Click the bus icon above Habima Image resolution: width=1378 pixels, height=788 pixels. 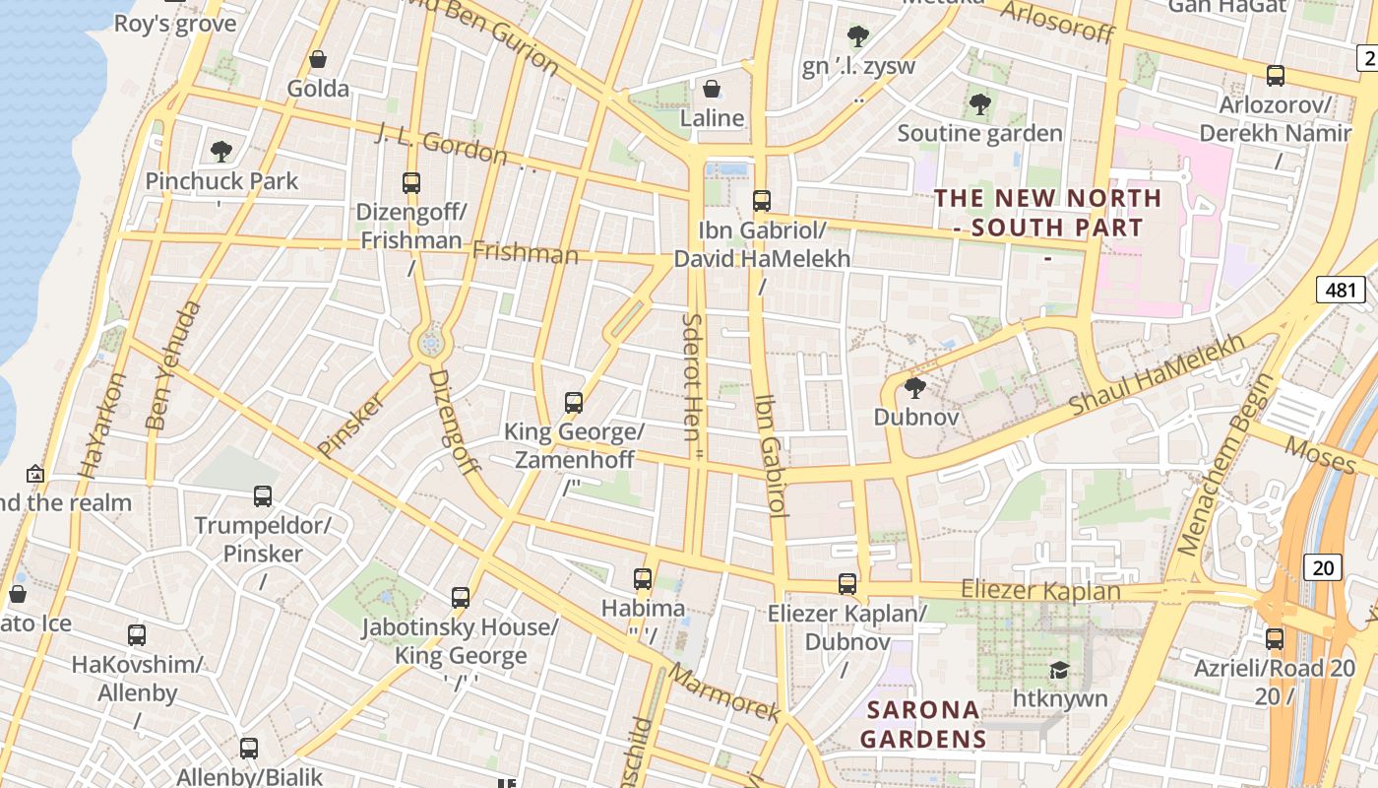pyautogui.click(x=643, y=579)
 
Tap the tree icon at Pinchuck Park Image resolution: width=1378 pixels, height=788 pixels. pyautogui.click(x=221, y=152)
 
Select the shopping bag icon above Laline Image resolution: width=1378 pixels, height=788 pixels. pyautogui.click(x=712, y=90)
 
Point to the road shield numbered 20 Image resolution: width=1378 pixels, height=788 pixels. pyautogui.click(x=1323, y=567)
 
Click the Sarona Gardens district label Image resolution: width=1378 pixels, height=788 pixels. pyautogui.click(x=922, y=724)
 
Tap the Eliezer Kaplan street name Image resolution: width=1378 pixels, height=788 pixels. pyautogui.click(x=1040, y=591)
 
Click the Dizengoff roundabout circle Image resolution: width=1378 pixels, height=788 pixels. pyautogui.click(x=430, y=343)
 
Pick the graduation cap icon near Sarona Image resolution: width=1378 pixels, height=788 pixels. pyautogui.click(x=1059, y=671)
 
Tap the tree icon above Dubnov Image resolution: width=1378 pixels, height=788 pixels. pyautogui.click(x=915, y=388)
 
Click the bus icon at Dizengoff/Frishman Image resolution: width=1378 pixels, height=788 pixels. pyautogui.click(x=411, y=183)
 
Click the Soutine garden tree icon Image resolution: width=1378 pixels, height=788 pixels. pyautogui.click(x=978, y=104)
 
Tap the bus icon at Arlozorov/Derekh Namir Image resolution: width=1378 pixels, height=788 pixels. pyautogui.click(x=1275, y=75)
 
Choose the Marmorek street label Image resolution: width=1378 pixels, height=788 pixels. pyautogui.click(x=724, y=693)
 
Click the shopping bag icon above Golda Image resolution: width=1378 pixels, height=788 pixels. pyautogui.click(x=318, y=60)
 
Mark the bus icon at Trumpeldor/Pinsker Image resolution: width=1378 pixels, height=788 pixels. pyautogui.click(x=262, y=496)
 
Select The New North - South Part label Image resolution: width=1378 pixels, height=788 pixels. pyautogui.click(x=1048, y=213)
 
